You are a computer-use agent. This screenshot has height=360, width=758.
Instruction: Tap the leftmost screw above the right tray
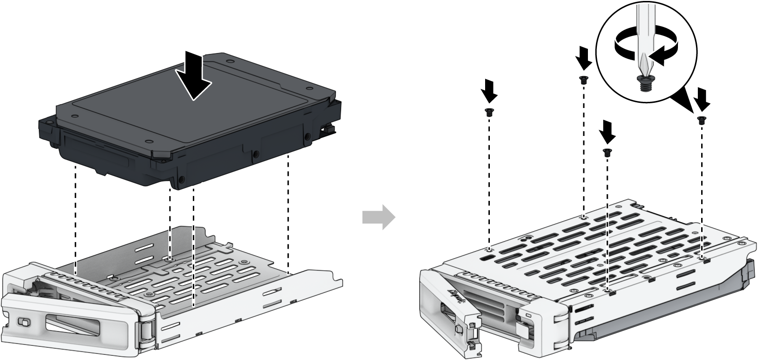(488, 112)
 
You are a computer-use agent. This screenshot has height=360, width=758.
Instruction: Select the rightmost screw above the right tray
(701, 120)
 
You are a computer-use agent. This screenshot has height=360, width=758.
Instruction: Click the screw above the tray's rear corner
(583, 80)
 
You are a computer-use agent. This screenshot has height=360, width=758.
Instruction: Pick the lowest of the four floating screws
(606, 152)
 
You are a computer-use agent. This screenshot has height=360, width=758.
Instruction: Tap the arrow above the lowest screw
(607, 132)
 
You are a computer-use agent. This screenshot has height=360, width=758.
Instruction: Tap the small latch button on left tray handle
(22, 323)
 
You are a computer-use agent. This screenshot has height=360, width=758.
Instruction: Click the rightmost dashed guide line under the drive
(288, 213)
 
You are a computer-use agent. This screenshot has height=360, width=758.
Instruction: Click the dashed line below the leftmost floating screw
(488, 180)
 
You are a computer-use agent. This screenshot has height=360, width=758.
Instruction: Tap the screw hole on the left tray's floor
(170, 259)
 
